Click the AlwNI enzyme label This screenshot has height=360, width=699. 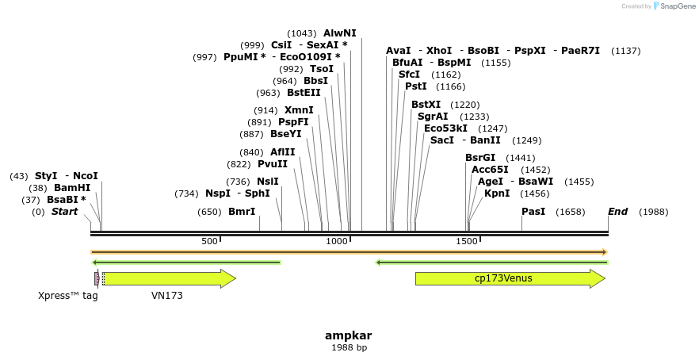tap(339, 33)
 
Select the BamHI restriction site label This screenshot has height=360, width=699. tap(72, 188)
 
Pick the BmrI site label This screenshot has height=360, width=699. tap(242, 212)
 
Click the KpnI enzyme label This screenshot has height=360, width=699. tap(497, 193)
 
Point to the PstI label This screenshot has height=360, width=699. tap(416, 86)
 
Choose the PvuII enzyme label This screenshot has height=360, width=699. tap(273, 164)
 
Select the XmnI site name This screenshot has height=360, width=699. tap(299, 110)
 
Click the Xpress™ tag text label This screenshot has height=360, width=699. tap(67, 296)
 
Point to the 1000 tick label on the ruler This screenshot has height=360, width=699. tap(338, 241)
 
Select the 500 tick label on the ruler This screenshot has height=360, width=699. tap(209, 241)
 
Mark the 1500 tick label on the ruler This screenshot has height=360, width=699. tap(466, 241)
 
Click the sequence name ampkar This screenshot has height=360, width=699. tap(349, 335)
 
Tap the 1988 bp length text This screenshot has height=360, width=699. tap(349, 348)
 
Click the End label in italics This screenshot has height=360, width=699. tap(618, 212)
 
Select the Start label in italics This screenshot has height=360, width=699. tap(65, 212)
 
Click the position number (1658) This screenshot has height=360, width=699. tap(571, 212)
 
